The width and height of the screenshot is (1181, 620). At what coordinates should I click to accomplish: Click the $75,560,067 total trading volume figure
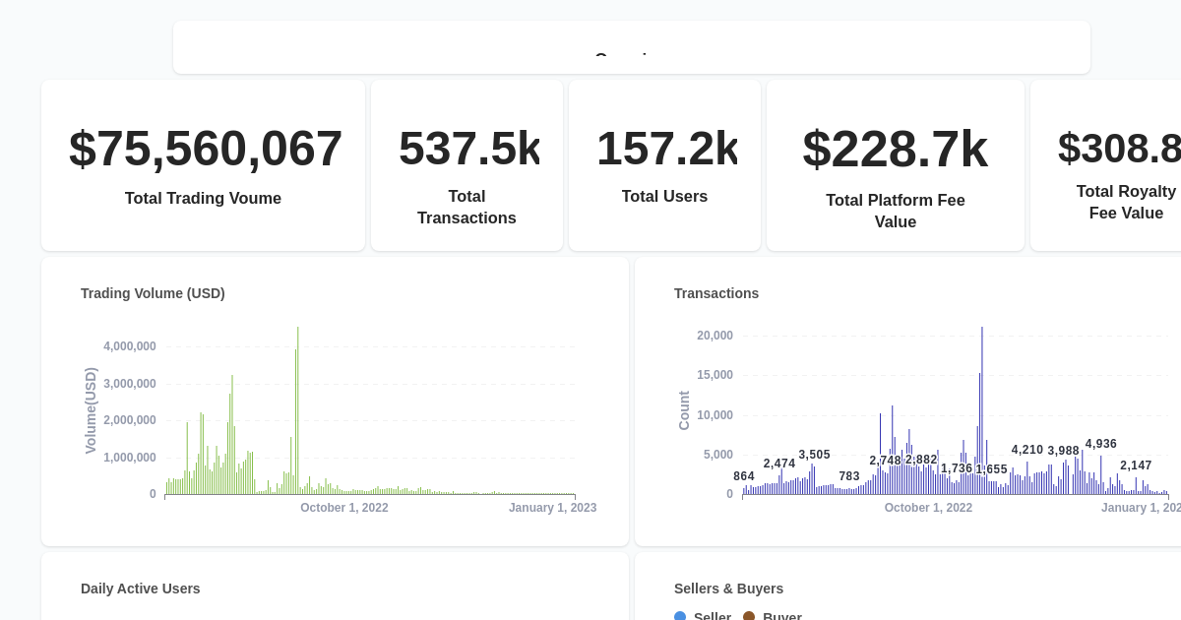pyautogui.click(x=206, y=149)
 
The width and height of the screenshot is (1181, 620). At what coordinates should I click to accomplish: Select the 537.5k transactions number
pyautogui.click(x=468, y=149)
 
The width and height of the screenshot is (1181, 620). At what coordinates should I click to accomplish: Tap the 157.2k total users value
pyautogui.click(x=666, y=149)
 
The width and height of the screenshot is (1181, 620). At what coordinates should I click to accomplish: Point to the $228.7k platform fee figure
pyautogui.click(x=895, y=150)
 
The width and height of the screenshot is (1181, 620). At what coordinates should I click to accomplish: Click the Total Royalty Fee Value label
pyautogui.click(x=1126, y=202)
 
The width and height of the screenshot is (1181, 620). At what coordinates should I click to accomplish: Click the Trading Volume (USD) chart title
pyautogui.click(x=153, y=293)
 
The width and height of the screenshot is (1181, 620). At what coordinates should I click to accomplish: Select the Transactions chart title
pyautogui.click(x=716, y=293)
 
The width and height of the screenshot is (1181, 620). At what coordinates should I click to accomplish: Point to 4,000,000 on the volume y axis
pyautogui.click(x=130, y=346)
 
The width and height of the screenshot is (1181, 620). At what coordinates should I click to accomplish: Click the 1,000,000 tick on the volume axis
pyautogui.click(x=130, y=458)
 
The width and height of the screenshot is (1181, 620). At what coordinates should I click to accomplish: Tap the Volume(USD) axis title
pyautogui.click(x=91, y=410)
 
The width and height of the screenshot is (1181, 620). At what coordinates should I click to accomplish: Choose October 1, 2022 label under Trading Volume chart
pyautogui.click(x=344, y=508)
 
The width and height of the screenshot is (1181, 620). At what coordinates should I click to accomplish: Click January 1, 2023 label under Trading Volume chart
pyautogui.click(x=552, y=508)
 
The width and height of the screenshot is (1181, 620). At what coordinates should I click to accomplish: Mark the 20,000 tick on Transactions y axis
pyautogui.click(x=715, y=336)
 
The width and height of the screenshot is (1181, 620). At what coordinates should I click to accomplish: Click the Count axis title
pyautogui.click(x=684, y=410)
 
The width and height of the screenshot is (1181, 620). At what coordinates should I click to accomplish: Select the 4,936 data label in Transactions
pyautogui.click(x=1101, y=444)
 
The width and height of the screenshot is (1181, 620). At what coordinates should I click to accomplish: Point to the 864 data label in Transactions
pyautogui.click(x=744, y=476)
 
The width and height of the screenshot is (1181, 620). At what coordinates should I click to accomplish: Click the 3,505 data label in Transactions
pyautogui.click(x=814, y=455)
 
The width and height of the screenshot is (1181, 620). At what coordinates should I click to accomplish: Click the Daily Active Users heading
pyautogui.click(x=140, y=589)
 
